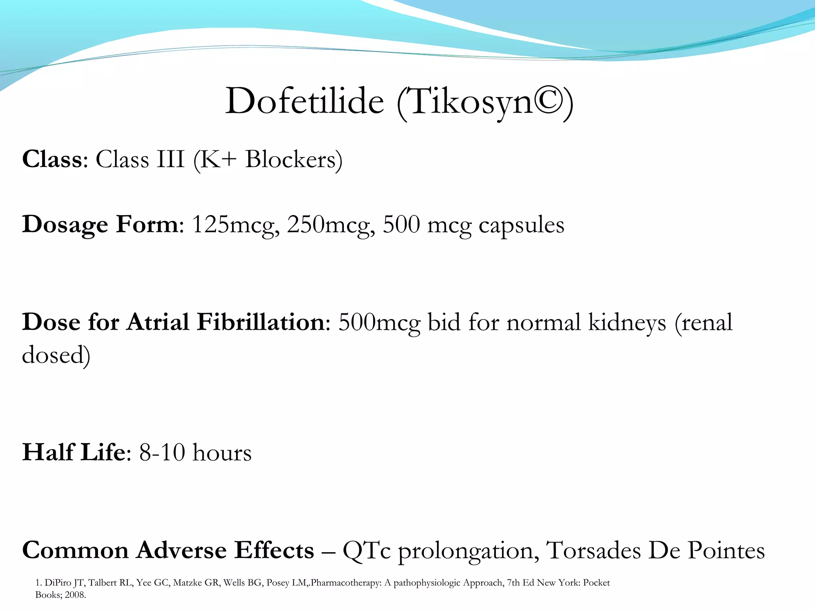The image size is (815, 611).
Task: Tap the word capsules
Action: click(521, 226)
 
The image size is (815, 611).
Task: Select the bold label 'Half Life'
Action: click(74, 452)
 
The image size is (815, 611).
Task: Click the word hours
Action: click(222, 453)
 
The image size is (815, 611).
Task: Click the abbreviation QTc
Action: click(366, 551)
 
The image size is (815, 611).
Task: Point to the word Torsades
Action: click(593, 551)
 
